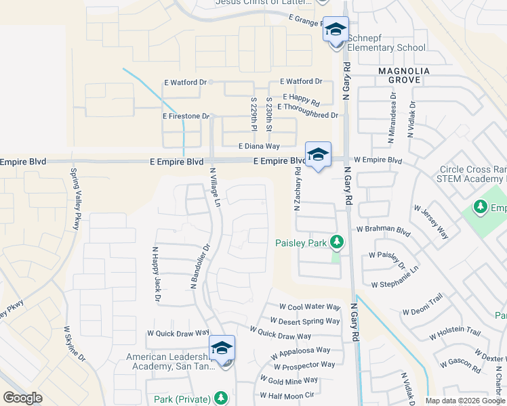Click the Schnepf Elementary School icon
[x=335, y=31]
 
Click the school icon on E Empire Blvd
[x=317, y=156]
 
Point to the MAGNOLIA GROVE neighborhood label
[x=399, y=74]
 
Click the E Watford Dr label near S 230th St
[x=301, y=81]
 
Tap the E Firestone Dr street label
[x=186, y=116]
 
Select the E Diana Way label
[x=259, y=146]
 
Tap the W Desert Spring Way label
[x=305, y=321]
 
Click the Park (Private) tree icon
[x=220, y=398]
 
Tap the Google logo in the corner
[x=22, y=398]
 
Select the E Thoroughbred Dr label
[x=307, y=115]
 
